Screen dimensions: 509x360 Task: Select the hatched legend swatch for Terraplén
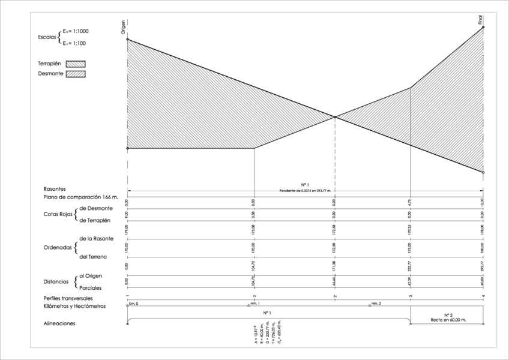pyautogui.click(x=76, y=63)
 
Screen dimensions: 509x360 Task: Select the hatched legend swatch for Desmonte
pyautogui.click(x=76, y=74)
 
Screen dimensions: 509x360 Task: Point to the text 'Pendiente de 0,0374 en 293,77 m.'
pyautogui.click(x=305, y=190)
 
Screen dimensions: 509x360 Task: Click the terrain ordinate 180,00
pyautogui.click(x=483, y=246)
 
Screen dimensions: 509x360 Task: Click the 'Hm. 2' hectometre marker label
pyautogui.click(x=376, y=305)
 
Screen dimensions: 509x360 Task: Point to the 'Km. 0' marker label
pyautogui.click(x=133, y=305)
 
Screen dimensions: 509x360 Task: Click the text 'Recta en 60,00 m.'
pyautogui.click(x=447, y=320)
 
